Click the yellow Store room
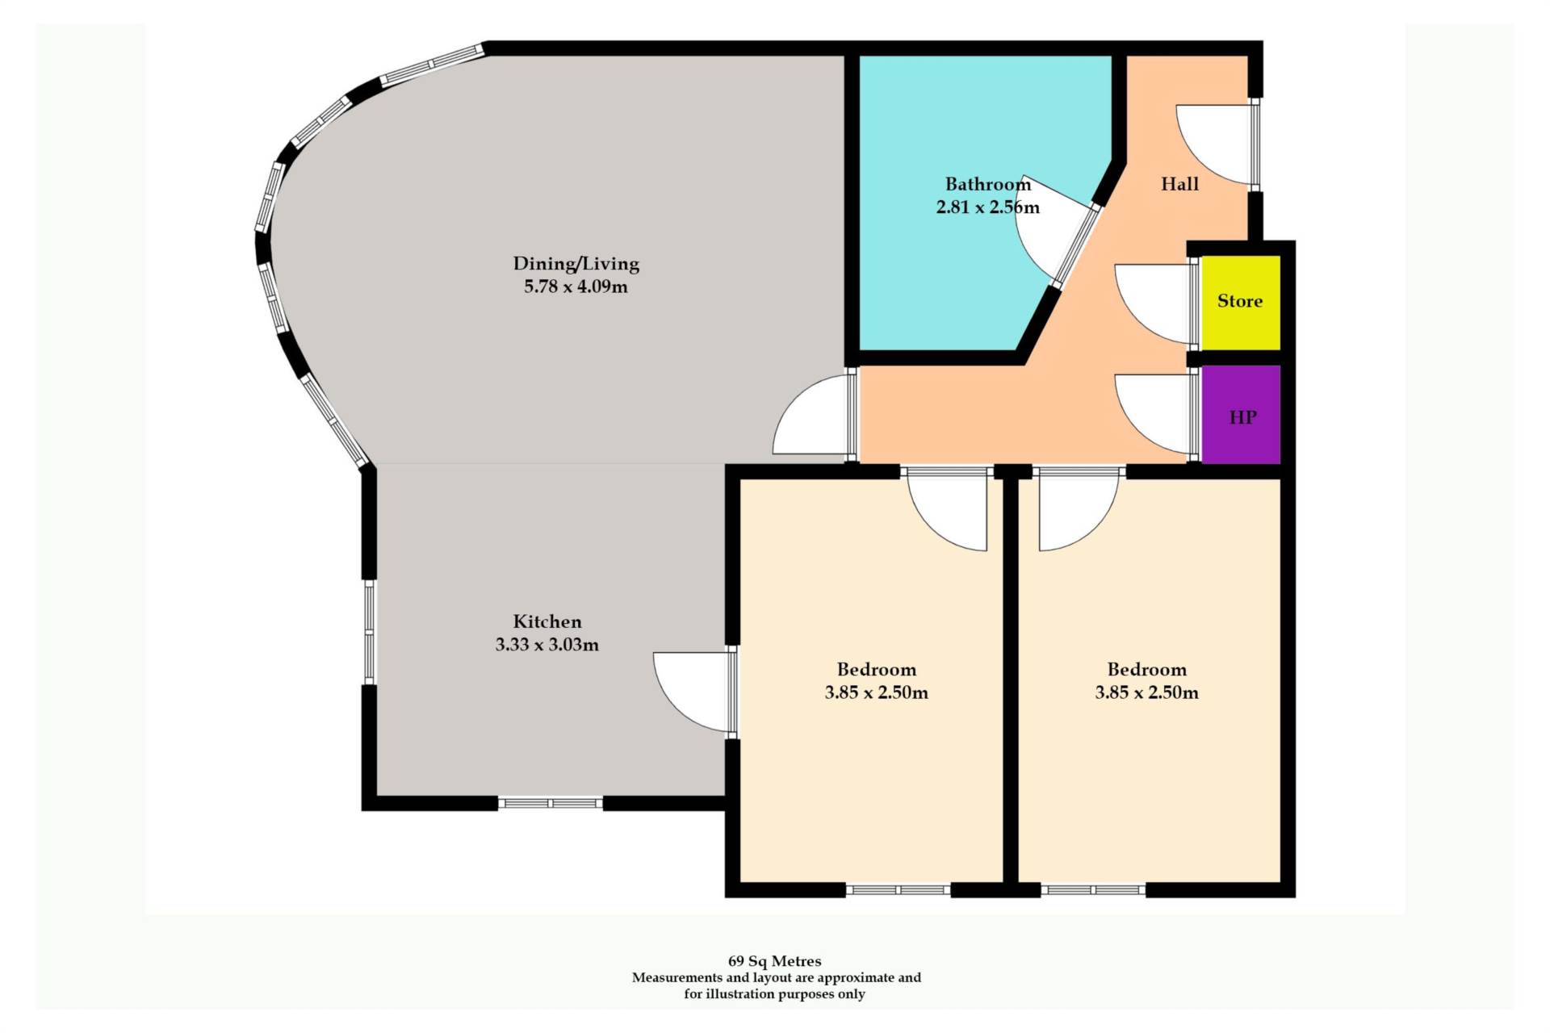pos(1241,303)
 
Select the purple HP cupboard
pos(1241,415)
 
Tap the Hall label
pos(1179,184)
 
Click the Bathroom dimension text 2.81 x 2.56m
pos(987,207)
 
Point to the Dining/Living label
pos(576,263)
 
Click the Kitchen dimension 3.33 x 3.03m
pos(547,644)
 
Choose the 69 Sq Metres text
pos(774,961)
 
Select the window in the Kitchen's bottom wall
pos(550,803)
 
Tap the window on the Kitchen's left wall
pos(369,632)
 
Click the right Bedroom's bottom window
pos(1093,890)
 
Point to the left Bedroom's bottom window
pos(898,890)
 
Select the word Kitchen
pos(547,621)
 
